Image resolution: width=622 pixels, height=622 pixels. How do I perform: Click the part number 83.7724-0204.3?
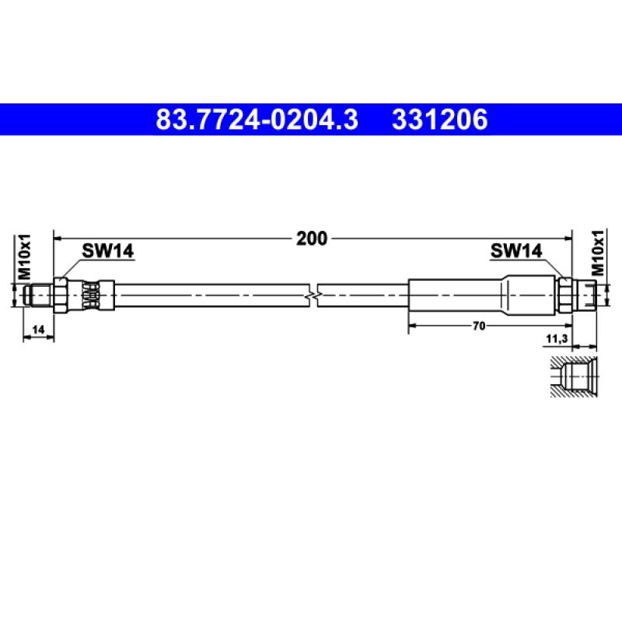click(x=257, y=120)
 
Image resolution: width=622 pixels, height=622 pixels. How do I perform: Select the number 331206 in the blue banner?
click(x=439, y=120)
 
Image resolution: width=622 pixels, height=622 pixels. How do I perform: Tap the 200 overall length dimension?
click(x=312, y=239)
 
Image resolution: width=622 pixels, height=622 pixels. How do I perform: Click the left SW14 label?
click(x=108, y=250)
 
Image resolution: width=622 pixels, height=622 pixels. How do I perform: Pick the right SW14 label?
click(x=516, y=250)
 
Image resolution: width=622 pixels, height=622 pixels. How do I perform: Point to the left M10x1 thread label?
click(x=25, y=257)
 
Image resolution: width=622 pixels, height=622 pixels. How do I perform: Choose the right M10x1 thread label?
click(x=597, y=253)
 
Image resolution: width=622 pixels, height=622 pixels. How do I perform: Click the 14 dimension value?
click(x=38, y=330)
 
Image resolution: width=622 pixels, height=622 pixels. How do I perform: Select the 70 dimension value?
click(x=479, y=326)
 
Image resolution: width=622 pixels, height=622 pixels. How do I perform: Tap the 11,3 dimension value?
click(x=557, y=339)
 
